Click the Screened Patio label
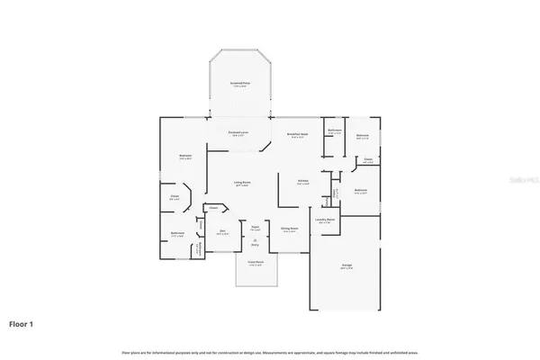(239, 83)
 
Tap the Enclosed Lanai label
(238, 133)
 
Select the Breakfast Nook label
(298, 135)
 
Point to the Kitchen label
(304, 181)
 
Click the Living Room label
(242, 183)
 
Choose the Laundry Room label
(325, 220)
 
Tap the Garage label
(346, 265)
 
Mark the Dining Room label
(290, 229)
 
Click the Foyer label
(255, 227)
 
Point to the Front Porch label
(255, 262)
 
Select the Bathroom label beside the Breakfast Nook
(335, 131)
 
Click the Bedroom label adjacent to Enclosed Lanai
(184, 157)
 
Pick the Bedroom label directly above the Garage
(360, 191)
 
